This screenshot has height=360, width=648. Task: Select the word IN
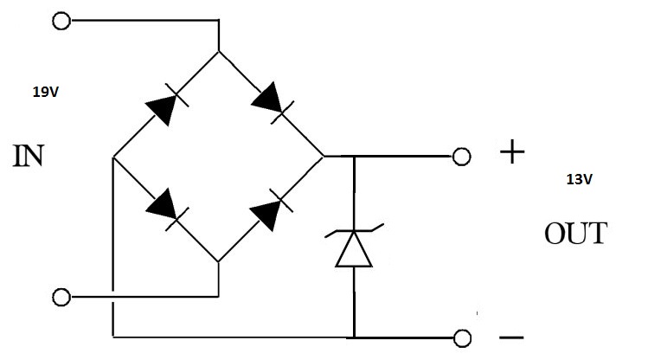pos(29,157)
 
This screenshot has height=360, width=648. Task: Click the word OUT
pos(575,234)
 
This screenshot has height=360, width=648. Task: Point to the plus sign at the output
pos(512,153)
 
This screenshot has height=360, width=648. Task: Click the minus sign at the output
pos(511,337)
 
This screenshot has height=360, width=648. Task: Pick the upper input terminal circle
pos(61,22)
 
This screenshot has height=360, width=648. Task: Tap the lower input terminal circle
pos(61,298)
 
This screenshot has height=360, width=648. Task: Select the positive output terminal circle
pos(461,157)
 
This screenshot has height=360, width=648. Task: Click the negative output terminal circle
pos(461,337)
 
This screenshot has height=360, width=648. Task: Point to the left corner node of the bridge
pos(113,157)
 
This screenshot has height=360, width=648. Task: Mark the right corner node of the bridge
pos(324,157)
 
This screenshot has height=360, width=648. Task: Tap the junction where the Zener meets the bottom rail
pos(354,337)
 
